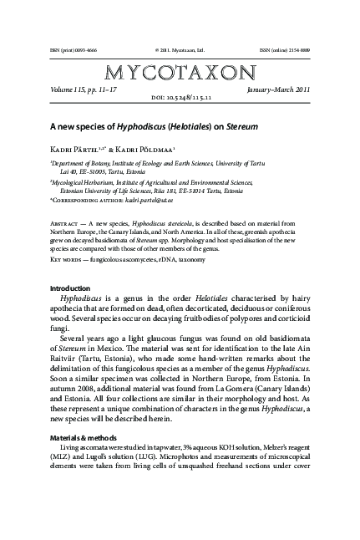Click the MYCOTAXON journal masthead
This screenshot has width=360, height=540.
pyautogui.click(x=180, y=70)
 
